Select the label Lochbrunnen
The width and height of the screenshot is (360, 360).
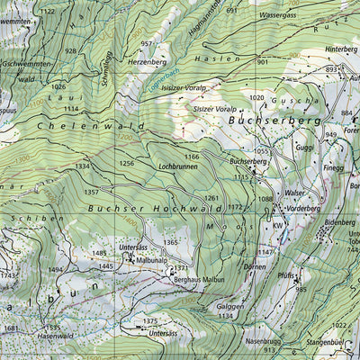click(178, 167)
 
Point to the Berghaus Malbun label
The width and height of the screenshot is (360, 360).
click(199, 281)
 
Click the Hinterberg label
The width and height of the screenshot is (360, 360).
click(341, 49)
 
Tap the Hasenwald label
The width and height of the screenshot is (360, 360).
click(56, 336)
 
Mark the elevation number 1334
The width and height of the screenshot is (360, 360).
click(83, 166)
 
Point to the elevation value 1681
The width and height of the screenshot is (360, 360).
click(11, 329)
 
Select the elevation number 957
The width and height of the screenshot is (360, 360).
click(148, 44)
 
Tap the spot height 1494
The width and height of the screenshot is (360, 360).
click(56, 269)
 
